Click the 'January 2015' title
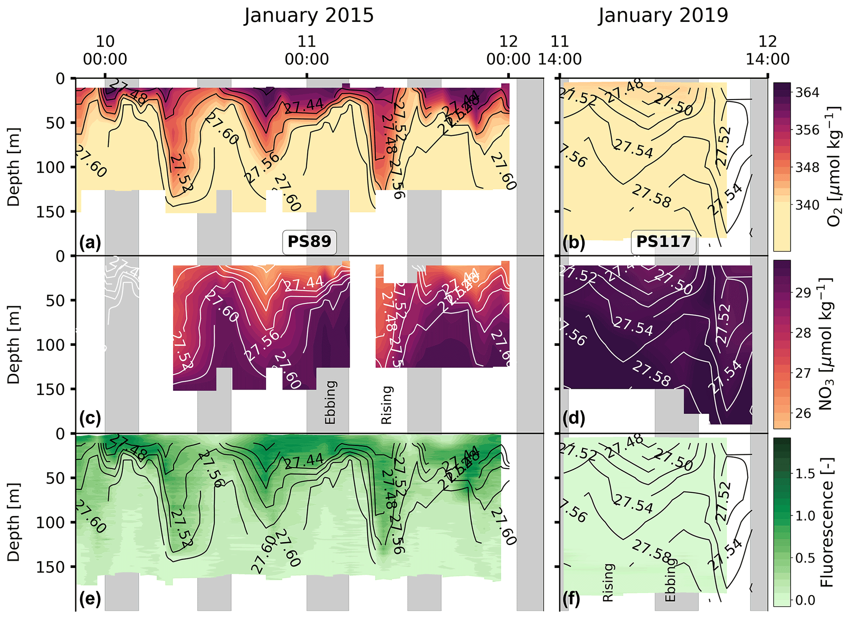309,16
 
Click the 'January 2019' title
663,16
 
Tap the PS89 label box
309,241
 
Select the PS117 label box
663,241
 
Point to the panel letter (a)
90,243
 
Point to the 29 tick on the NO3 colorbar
803,293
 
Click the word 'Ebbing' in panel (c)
331,402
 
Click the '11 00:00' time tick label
307,50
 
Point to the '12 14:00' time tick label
767,50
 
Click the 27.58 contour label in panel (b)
651,196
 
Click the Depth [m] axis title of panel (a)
14,167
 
